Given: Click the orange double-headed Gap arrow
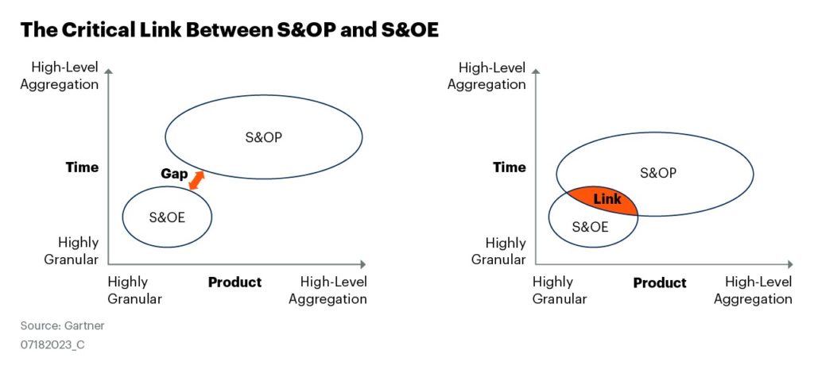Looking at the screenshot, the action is [196, 180].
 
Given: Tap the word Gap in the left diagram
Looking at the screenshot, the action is [174, 174].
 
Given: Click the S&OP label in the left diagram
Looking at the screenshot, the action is [264, 138].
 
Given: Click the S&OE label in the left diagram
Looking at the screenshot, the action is [167, 217].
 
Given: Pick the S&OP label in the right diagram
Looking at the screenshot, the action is [658, 173].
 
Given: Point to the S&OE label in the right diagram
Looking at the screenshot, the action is [590, 227].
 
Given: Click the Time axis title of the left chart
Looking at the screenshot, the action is [82, 167].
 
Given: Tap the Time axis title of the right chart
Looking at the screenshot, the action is [510, 167].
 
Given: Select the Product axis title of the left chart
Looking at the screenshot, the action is [235, 283].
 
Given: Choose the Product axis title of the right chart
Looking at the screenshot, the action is [659, 283].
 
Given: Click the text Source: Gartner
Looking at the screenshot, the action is [62, 326].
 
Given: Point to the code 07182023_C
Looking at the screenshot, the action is [52, 344].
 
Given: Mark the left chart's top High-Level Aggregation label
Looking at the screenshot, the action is [59, 75].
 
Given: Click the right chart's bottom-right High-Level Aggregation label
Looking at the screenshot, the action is [754, 290].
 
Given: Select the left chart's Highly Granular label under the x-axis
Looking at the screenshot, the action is [135, 290].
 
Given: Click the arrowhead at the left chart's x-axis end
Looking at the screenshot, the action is [362, 264].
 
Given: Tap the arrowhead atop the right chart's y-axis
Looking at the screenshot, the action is [535, 71].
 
